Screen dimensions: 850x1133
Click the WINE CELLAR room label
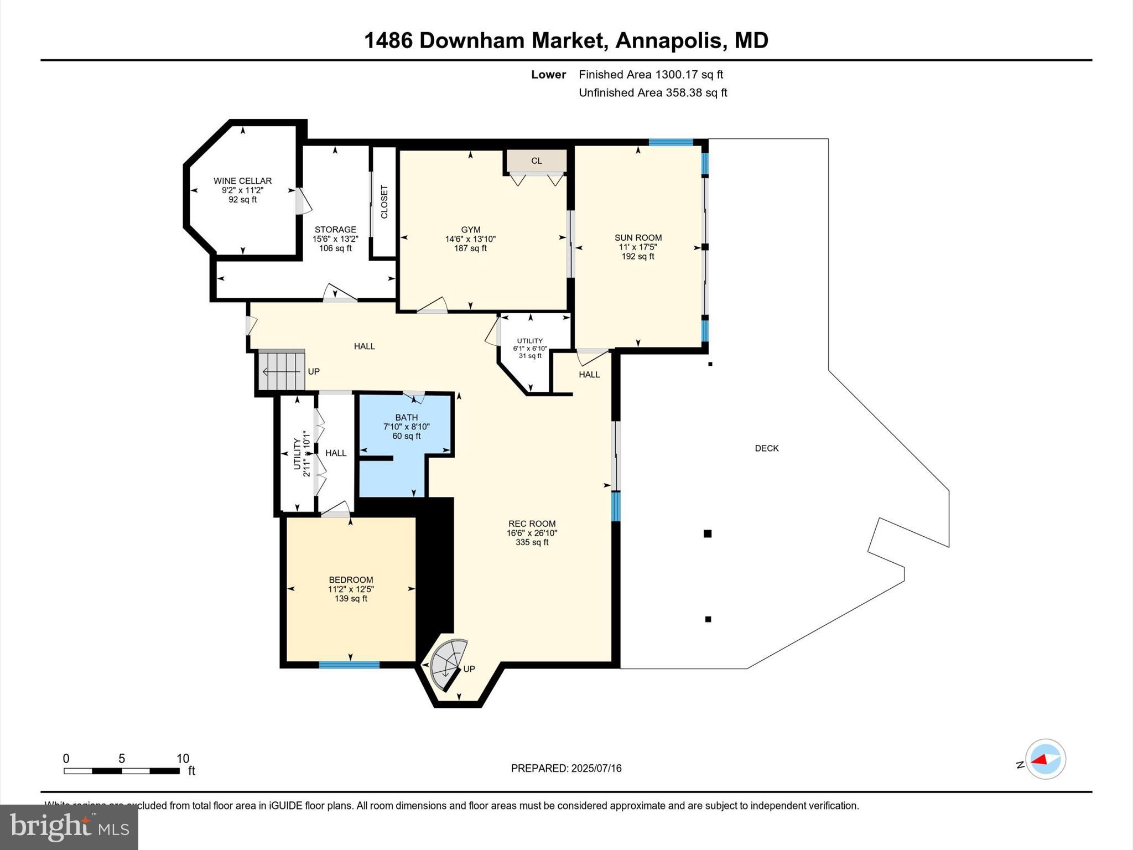coord(242,181)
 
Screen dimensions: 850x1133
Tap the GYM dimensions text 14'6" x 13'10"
coord(470,239)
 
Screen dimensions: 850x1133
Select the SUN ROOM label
coord(638,237)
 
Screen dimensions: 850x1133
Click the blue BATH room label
coord(406,417)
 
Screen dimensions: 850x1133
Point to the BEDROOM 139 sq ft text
coord(351,599)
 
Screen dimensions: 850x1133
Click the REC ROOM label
coord(532,524)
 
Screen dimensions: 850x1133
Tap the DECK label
coord(766,448)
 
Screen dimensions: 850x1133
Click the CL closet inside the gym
coord(536,161)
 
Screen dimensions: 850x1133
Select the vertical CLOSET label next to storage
coord(384,201)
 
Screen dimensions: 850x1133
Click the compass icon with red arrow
coord(1045,759)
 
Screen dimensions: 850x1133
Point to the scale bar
coord(122,770)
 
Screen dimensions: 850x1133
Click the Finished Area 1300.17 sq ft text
coord(651,74)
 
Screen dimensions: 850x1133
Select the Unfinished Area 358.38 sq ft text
coord(652,92)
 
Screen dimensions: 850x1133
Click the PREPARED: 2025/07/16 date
coord(566,768)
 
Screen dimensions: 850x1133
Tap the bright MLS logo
coord(69,827)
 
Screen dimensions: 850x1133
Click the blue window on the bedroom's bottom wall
coord(349,665)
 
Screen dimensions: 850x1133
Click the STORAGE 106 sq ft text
coord(335,248)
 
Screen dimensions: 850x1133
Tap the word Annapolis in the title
coord(669,40)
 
